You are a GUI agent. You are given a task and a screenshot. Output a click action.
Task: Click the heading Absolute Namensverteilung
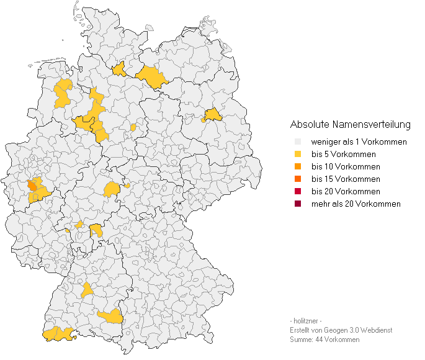tap(350, 125)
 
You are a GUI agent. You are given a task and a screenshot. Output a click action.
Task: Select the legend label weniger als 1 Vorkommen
tap(359, 142)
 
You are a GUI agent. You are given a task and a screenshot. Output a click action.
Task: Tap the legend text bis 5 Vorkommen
tap(343, 155)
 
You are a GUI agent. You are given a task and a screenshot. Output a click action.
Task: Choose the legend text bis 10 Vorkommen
tap(345, 167)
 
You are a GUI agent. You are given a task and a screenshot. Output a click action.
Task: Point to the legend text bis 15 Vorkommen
tap(345, 179)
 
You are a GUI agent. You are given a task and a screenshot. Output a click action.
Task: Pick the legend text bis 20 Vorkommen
tap(345, 192)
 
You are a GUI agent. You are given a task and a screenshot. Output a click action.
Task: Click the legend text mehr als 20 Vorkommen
tap(356, 204)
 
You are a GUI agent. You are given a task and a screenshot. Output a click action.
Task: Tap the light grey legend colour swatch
tap(298, 142)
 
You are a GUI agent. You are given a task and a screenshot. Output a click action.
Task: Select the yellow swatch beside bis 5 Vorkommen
tap(298, 155)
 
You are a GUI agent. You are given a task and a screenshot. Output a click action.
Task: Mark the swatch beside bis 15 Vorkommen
tap(298, 179)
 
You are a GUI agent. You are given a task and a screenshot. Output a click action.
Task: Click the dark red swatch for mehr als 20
tap(298, 204)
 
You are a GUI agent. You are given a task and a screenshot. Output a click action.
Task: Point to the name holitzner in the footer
tap(305, 321)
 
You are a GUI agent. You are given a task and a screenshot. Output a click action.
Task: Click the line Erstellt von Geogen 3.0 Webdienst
tap(341, 330)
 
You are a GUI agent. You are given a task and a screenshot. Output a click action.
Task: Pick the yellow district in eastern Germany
tap(213, 115)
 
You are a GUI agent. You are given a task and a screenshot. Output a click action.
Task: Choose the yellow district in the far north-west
tap(63, 93)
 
